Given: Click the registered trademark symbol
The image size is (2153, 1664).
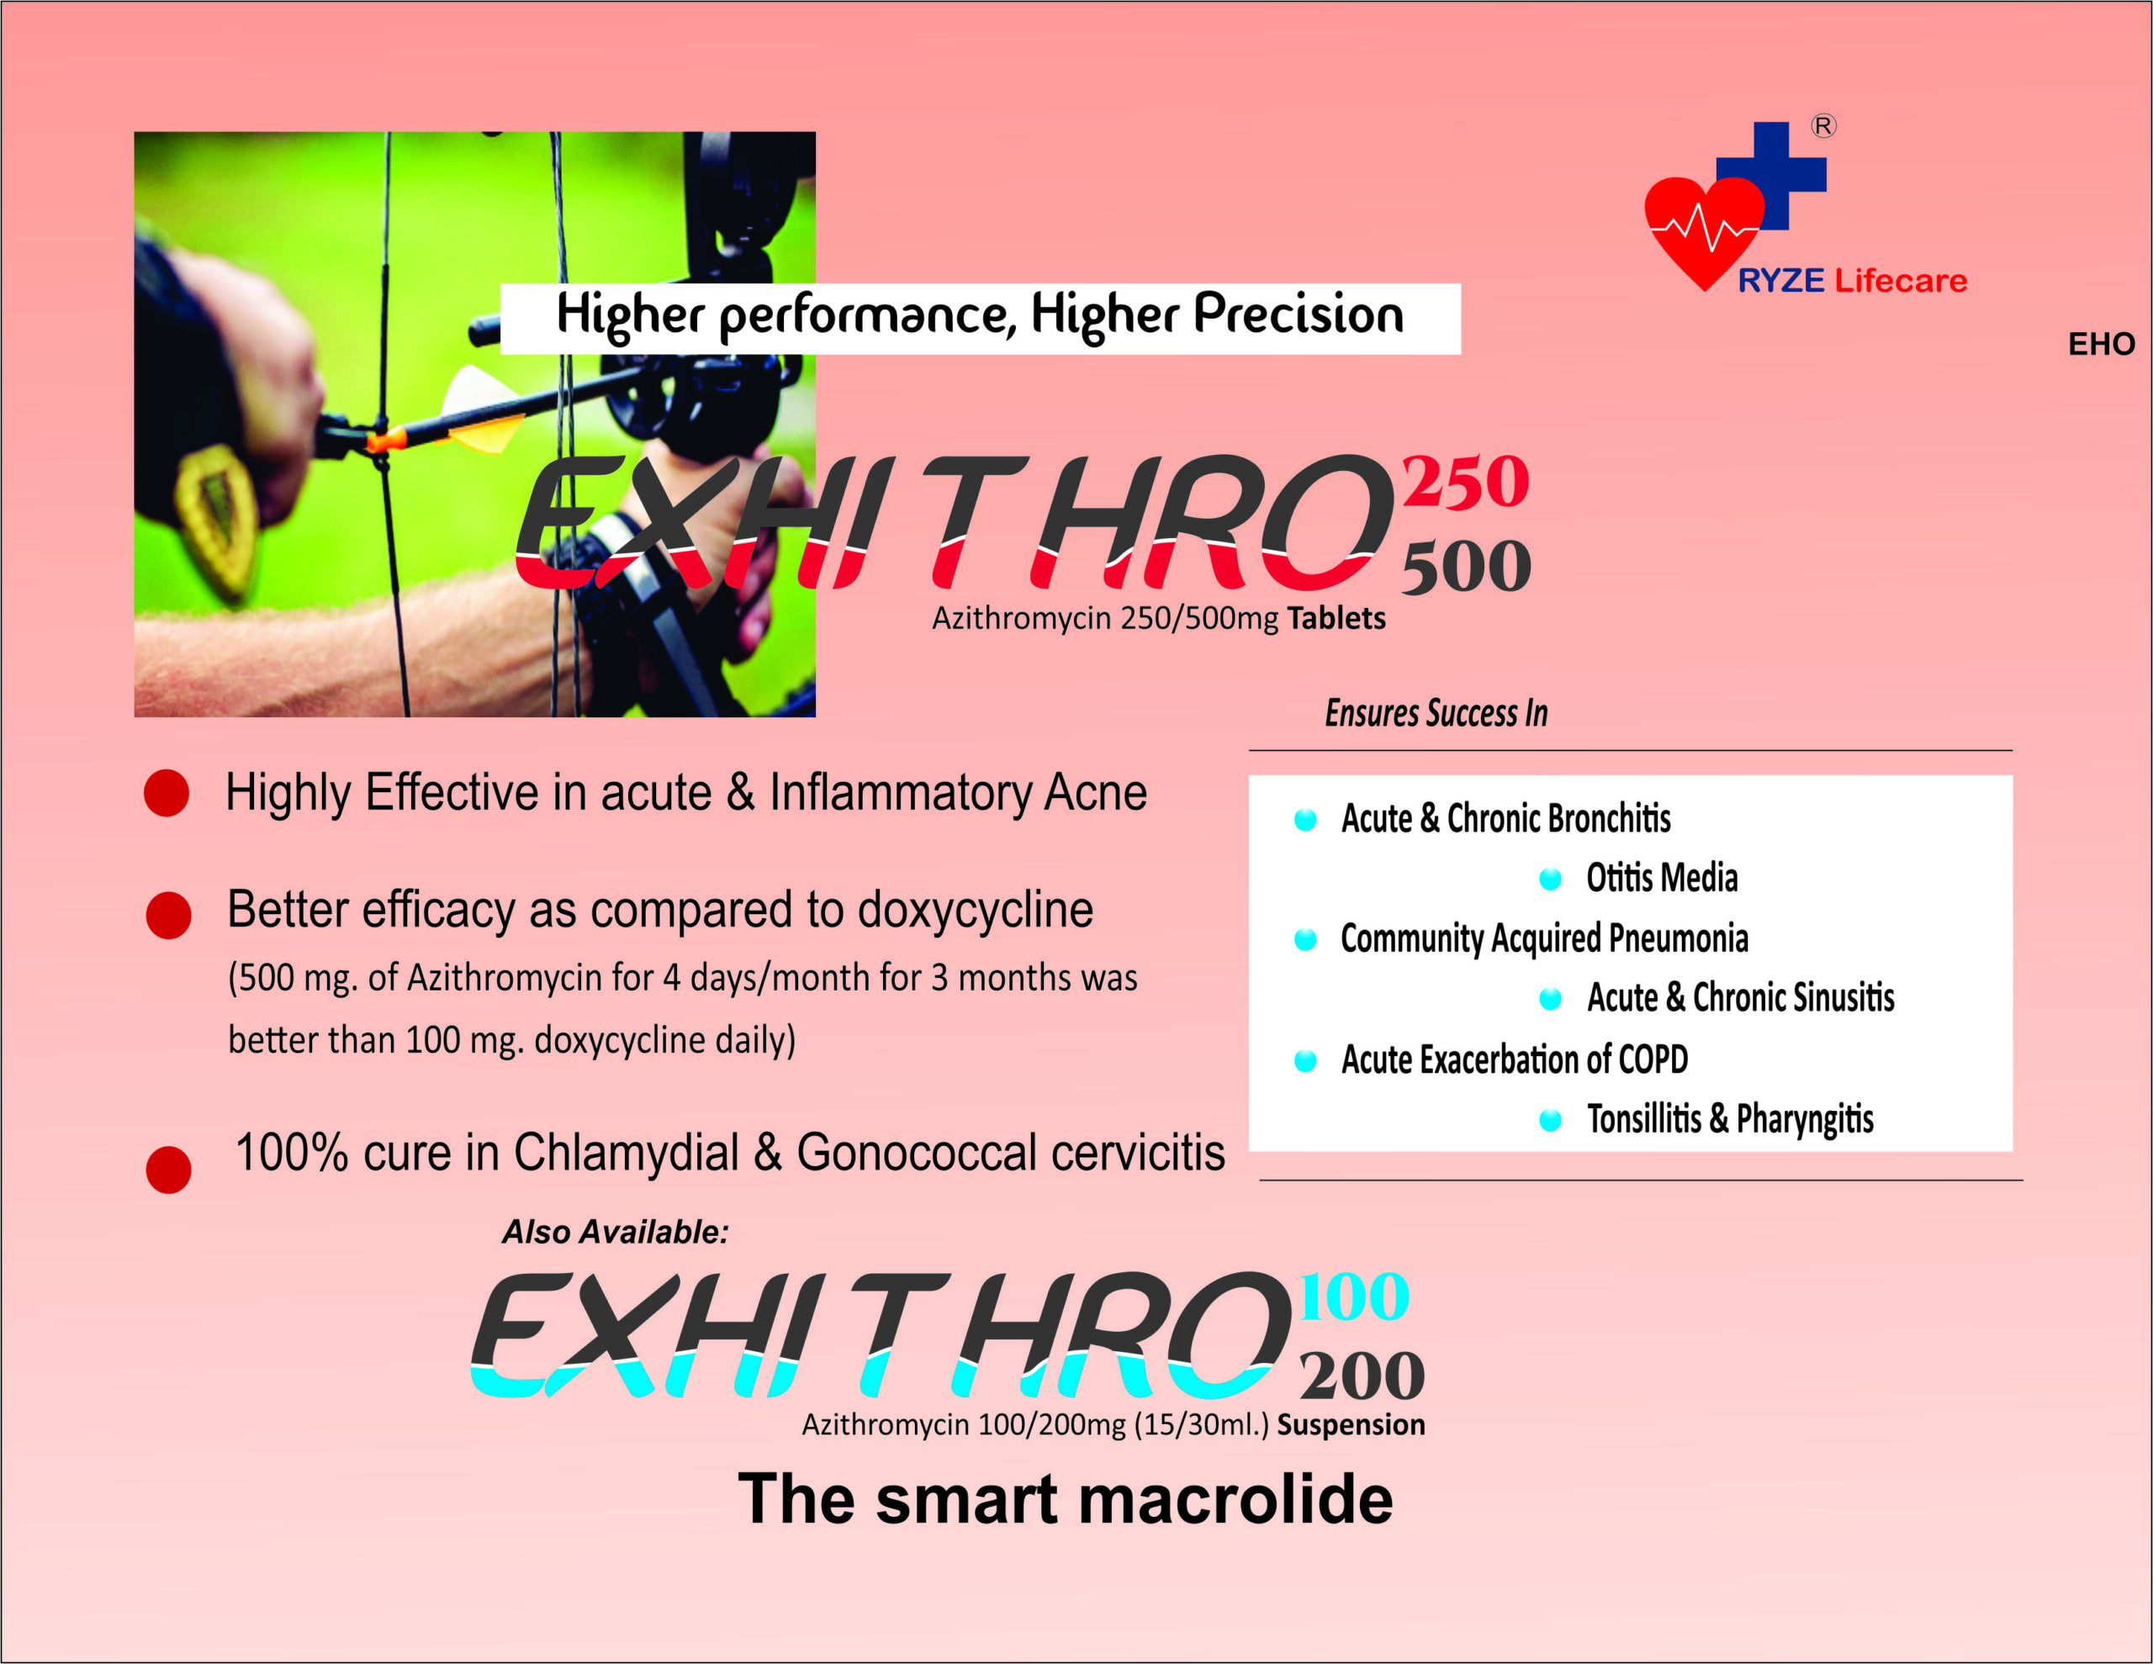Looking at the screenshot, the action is tap(1823, 126).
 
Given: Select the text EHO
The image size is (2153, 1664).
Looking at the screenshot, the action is tap(2101, 344).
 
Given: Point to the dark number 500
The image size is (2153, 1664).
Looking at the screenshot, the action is tap(1466, 567).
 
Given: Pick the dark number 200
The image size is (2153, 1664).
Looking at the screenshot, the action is tap(1362, 1376).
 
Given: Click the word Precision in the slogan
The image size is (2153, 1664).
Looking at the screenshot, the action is tap(1299, 315).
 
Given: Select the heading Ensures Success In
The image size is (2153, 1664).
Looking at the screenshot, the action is tap(1436, 713).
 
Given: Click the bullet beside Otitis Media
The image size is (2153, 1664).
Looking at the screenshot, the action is tap(1551, 880).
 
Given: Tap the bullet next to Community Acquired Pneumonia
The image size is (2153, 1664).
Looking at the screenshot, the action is tap(1305, 939).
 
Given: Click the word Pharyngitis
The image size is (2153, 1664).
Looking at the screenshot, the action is tap(1805, 1121).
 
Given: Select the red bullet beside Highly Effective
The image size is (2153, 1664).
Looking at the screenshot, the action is tap(167, 794).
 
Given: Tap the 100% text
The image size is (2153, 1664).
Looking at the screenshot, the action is tap(292, 1153).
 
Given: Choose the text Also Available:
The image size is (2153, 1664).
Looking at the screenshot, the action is tap(615, 1232).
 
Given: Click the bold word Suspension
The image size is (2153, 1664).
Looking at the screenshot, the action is tap(1352, 1425).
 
